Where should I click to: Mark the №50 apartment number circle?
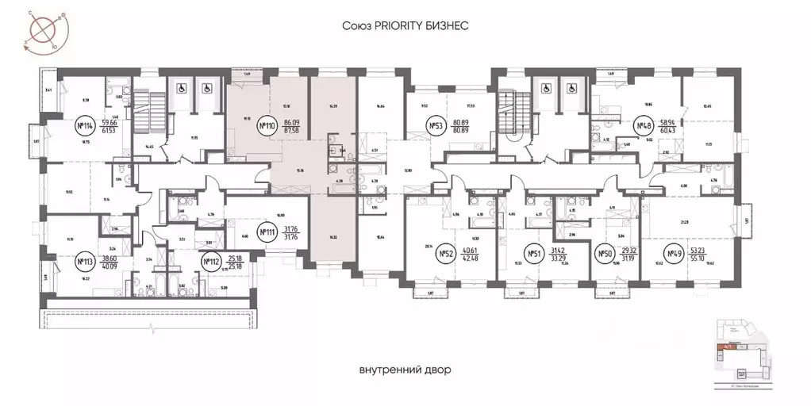click(605, 254)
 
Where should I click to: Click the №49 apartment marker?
click(674, 254)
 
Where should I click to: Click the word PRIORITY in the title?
click(405, 26)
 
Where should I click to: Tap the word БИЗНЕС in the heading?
click(449, 26)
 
